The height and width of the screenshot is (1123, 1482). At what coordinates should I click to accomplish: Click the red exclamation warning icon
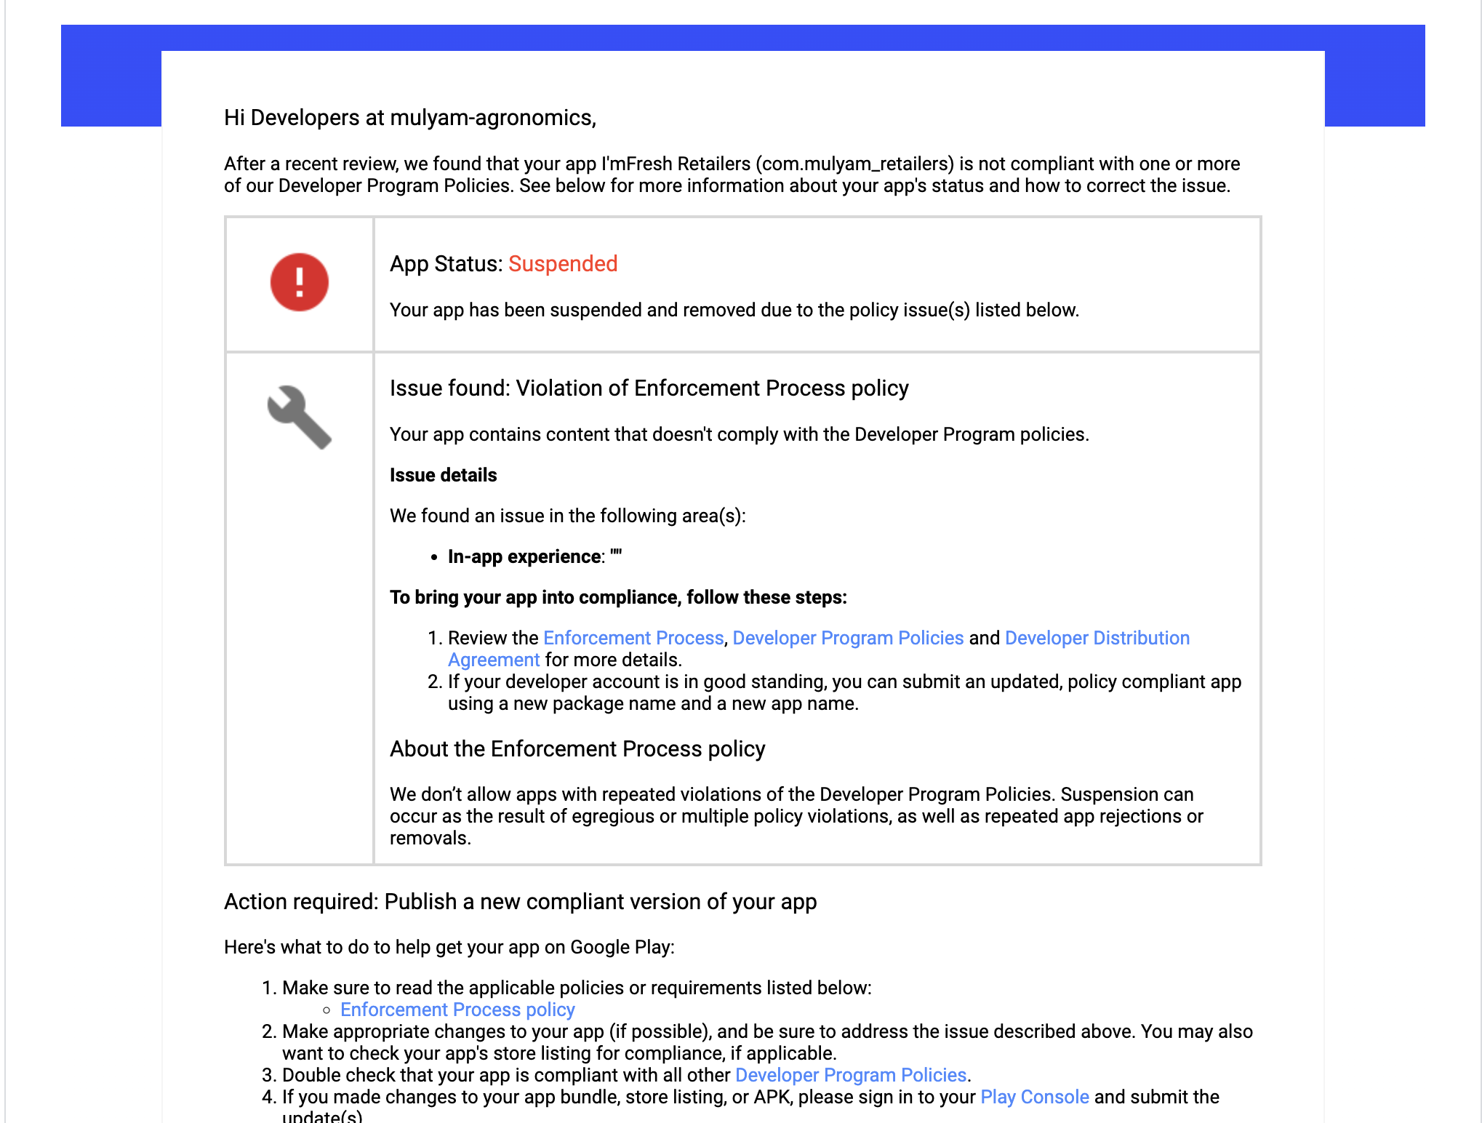pyautogui.click(x=299, y=282)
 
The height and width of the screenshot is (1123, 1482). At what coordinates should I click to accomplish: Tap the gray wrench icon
pyautogui.click(x=299, y=417)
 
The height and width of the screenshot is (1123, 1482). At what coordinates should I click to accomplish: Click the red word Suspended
pyautogui.click(x=562, y=264)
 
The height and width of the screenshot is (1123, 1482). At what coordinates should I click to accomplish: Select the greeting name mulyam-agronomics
pyautogui.click(x=492, y=118)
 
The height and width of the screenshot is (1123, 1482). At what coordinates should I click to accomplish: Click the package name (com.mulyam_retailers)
pyautogui.click(x=856, y=164)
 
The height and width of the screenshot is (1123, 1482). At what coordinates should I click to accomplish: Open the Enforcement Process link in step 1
pyautogui.click(x=633, y=639)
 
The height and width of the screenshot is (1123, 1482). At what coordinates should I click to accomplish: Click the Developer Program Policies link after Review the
pyautogui.click(x=847, y=639)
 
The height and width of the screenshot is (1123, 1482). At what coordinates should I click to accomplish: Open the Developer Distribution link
pyautogui.click(x=1097, y=639)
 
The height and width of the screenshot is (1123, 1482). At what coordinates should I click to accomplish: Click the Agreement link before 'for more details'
pyautogui.click(x=493, y=660)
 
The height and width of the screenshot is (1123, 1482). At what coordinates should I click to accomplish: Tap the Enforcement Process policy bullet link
pyautogui.click(x=457, y=1010)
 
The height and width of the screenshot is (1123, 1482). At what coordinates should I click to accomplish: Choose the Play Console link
pyautogui.click(x=1034, y=1098)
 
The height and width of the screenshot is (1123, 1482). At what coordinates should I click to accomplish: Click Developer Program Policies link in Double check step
pyautogui.click(x=850, y=1076)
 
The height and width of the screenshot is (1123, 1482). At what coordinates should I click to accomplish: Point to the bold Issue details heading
pyautogui.click(x=443, y=476)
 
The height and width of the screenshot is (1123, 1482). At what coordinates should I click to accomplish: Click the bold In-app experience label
pyautogui.click(x=525, y=557)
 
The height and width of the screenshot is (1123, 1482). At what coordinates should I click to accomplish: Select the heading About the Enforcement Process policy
pyautogui.click(x=577, y=749)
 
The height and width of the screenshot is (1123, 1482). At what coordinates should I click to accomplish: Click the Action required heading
pyautogui.click(x=520, y=902)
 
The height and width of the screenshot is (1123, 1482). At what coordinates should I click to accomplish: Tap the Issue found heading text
pyautogui.click(x=649, y=388)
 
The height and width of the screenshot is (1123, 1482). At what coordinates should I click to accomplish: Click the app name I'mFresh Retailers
pyautogui.click(x=676, y=164)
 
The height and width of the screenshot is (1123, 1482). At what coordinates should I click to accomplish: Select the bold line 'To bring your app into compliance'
pyautogui.click(x=618, y=598)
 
